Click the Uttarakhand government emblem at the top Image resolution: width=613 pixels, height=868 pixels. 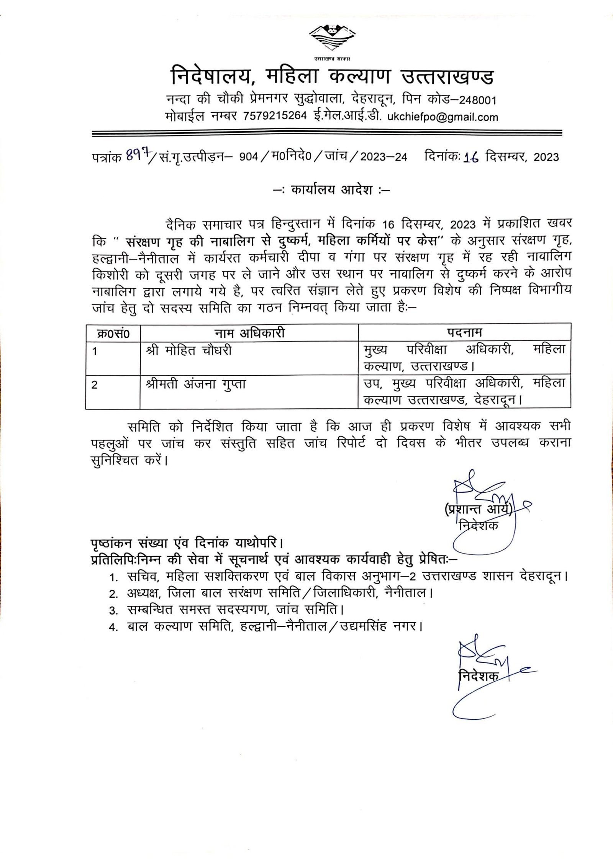point(330,38)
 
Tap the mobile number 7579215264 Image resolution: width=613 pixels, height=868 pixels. point(275,116)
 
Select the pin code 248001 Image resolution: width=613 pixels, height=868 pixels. point(477,100)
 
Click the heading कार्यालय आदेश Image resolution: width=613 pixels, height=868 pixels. point(332,190)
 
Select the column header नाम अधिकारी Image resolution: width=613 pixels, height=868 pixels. point(249,333)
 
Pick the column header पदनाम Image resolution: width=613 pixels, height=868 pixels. point(464,332)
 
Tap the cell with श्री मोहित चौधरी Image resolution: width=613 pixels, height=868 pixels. point(189,351)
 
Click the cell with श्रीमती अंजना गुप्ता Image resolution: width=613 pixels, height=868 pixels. point(196,384)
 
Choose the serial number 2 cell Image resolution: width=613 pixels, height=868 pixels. point(95,385)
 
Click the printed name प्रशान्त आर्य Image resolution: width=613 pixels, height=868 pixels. point(478,509)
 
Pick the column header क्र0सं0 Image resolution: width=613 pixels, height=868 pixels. point(113,334)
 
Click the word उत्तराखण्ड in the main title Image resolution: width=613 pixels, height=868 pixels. point(447,76)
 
